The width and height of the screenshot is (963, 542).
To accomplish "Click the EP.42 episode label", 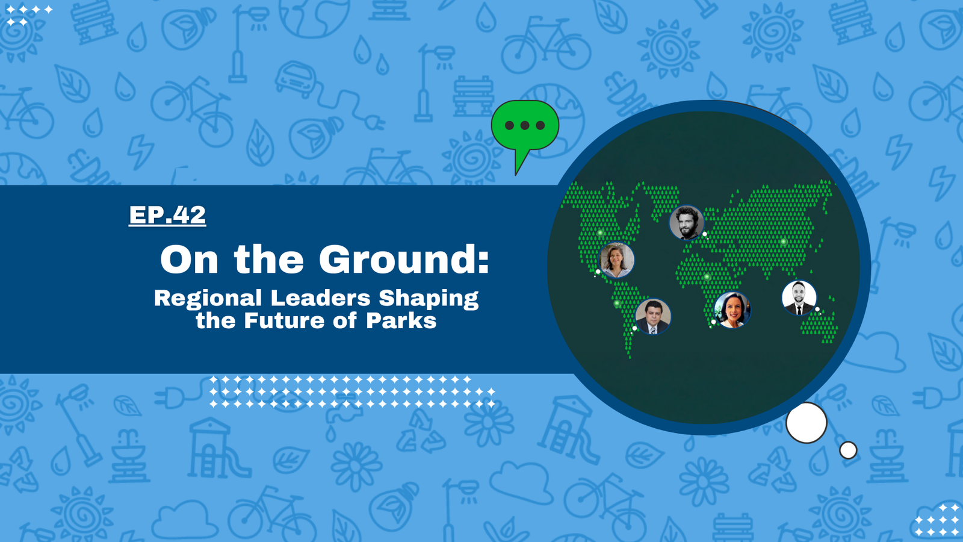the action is click(167, 214).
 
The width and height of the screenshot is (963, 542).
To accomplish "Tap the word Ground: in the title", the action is click(404, 260).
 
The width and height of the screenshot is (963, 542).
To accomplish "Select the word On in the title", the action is click(189, 260).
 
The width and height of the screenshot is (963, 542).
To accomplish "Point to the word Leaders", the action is click(320, 297).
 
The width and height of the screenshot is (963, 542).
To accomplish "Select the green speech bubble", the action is click(525, 129).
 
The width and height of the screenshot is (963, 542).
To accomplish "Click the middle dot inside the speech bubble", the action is click(525, 126).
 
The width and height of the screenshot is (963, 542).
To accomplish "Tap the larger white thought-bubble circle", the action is click(807, 423).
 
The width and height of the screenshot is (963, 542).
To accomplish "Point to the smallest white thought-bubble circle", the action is click(848, 450).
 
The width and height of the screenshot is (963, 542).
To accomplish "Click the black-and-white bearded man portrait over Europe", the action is click(687, 222).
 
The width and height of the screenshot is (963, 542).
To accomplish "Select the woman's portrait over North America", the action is click(616, 260).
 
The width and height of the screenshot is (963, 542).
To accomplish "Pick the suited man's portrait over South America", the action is click(652, 317).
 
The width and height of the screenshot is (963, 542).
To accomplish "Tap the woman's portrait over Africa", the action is click(732, 310).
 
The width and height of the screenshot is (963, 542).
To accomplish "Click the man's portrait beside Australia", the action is click(799, 297).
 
